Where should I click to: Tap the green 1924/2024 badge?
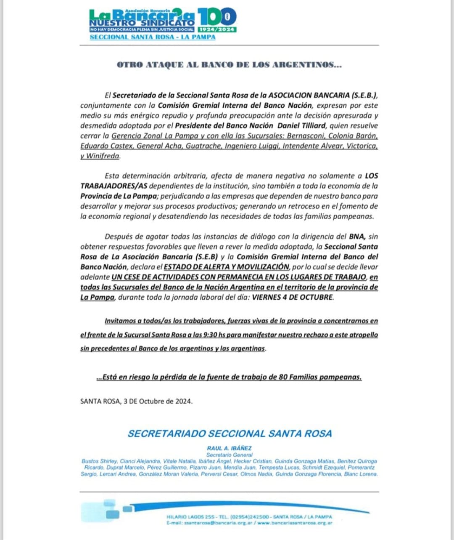[217, 30]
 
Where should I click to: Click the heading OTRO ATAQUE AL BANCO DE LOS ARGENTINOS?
[229, 65]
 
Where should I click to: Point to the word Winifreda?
[103, 156]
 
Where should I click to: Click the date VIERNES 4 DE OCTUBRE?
[293, 297]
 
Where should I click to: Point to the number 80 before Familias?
[283, 377]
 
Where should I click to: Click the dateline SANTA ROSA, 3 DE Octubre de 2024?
[136, 401]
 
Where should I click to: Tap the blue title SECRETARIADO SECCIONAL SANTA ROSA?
[230, 434]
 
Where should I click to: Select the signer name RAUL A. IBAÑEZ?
[229, 448]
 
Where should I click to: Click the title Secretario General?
[229, 455]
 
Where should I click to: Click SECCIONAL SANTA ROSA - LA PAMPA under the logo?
[152, 37]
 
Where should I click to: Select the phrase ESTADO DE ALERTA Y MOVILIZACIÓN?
[226, 267]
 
